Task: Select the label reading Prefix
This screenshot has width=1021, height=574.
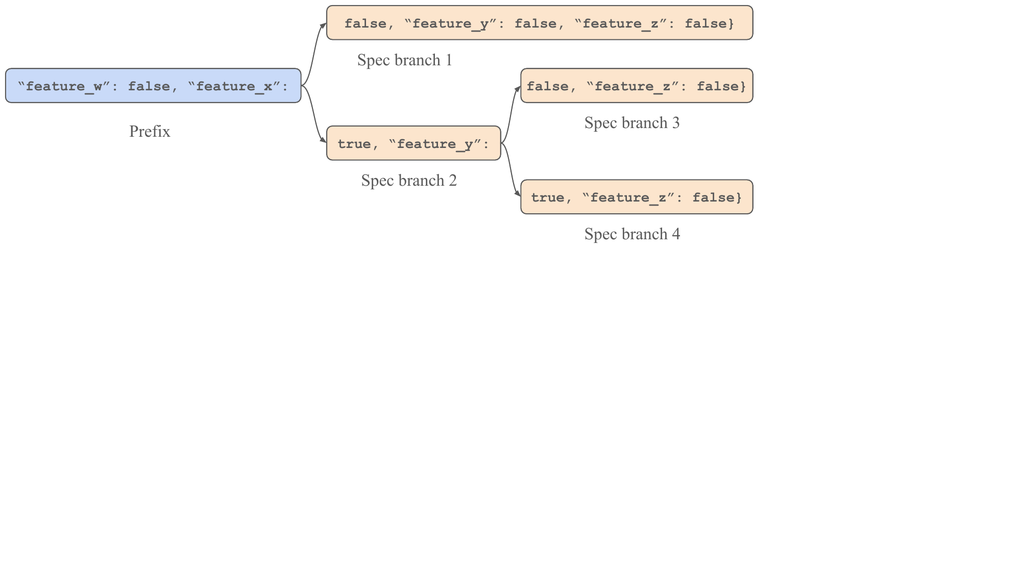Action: coord(150,132)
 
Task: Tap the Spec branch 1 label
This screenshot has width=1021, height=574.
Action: coord(404,60)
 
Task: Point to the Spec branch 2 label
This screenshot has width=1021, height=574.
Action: coord(408,181)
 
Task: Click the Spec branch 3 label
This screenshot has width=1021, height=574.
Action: coord(631,123)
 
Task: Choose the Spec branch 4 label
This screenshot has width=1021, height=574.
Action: coord(632,234)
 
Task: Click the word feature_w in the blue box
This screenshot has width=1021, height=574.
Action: coord(64,86)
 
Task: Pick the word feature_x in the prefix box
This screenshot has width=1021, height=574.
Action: coord(234,86)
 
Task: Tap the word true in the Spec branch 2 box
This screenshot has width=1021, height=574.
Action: coord(354,144)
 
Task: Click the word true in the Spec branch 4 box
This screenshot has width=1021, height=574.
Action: coord(547,197)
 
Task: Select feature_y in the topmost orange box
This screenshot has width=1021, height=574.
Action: coord(450,23)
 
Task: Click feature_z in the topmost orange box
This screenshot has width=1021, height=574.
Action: coord(620,23)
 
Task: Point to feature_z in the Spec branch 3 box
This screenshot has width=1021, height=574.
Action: coord(633,86)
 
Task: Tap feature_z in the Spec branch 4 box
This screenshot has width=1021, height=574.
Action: coord(628,197)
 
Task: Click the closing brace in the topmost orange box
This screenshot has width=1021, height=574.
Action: coord(731,23)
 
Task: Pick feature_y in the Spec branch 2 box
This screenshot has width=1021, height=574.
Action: coord(435,144)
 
